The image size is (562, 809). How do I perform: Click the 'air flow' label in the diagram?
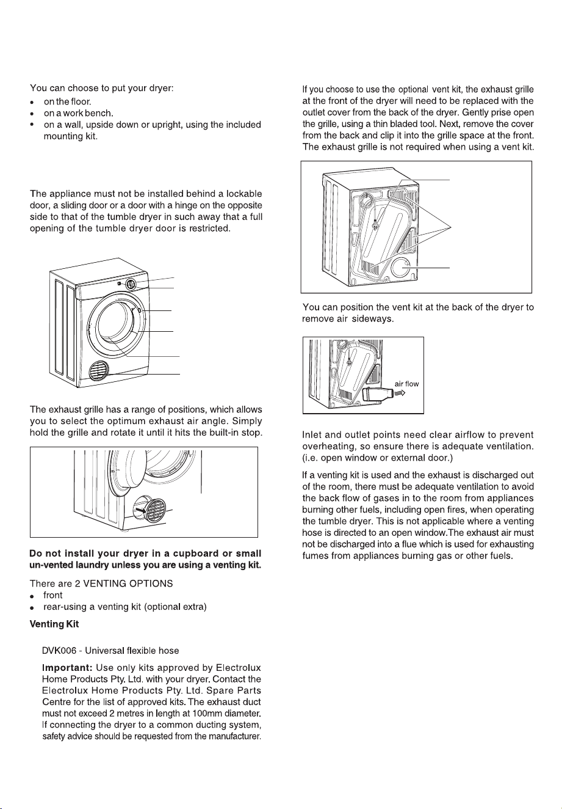click(x=406, y=384)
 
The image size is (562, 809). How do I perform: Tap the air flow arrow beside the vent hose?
click(x=400, y=392)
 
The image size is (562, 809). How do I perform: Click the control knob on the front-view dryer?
click(x=131, y=285)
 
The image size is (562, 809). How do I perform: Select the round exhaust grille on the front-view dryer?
click(x=98, y=371)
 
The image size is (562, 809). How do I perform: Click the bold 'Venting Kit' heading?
click(x=54, y=624)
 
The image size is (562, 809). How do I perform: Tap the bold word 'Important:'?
click(x=68, y=668)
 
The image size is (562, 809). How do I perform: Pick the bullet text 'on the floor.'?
click(x=68, y=101)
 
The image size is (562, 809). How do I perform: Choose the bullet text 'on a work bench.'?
click(x=79, y=113)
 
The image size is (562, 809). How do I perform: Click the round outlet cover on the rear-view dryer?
click(x=401, y=268)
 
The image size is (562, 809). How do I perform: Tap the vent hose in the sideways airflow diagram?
click(x=378, y=394)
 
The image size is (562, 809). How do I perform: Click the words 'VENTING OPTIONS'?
click(x=128, y=584)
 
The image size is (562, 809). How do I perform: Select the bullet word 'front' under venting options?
click(x=53, y=595)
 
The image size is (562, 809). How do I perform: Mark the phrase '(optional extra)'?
click(x=175, y=607)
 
